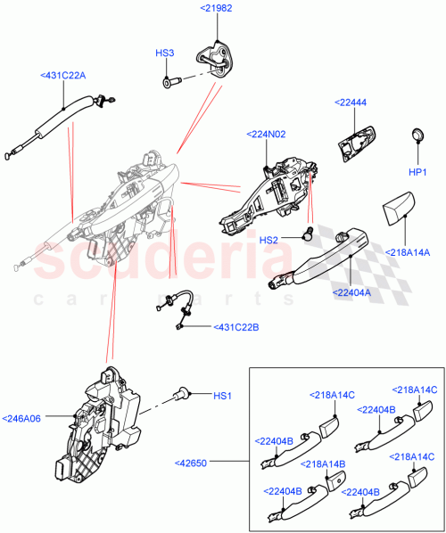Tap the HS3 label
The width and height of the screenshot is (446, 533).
click(165, 53)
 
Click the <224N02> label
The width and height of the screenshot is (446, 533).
click(265, 135)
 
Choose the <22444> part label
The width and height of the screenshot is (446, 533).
click(351, 103)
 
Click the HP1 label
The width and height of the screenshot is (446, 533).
click(417, 170)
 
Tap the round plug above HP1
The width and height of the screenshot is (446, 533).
click(417, 135)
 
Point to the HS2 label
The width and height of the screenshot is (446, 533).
click(269, 240)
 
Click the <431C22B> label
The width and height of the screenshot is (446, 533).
click(235, 327)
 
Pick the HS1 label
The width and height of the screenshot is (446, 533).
click(223, 395)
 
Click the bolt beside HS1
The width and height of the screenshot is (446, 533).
click(184, 392)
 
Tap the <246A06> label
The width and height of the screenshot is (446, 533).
click(22, 416)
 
